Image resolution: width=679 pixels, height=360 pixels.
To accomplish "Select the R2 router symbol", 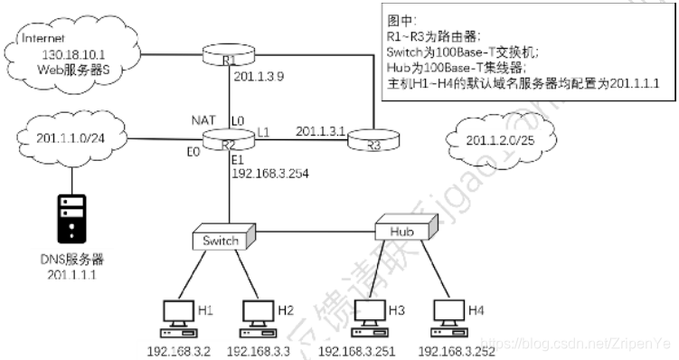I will click(x=228, y=140).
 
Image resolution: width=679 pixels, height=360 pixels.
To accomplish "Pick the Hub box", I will click(x=404, y=232).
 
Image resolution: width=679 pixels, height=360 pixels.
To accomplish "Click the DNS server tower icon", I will click(x=71, y=216).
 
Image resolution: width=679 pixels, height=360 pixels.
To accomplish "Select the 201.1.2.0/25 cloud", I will click(x=498, y=140).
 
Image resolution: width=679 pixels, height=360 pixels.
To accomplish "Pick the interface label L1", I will click(x=263, y=132).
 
